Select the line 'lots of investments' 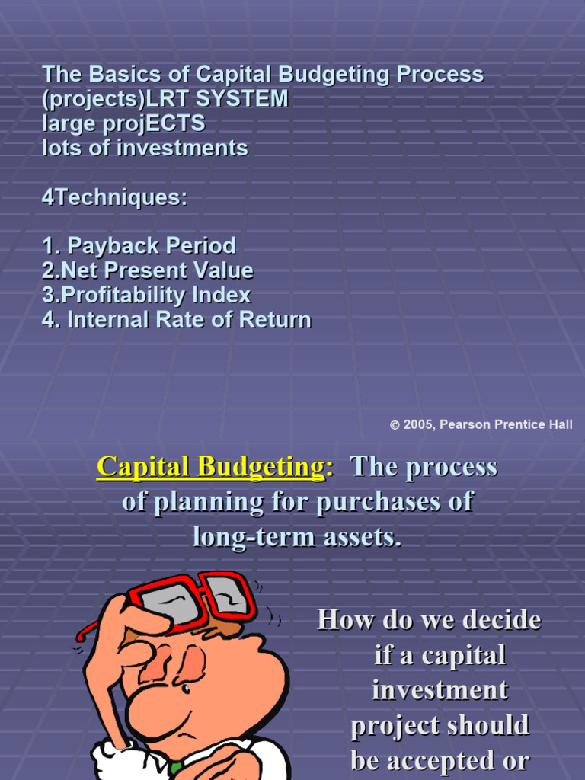145,148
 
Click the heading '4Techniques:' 114,197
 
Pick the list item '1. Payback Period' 139,246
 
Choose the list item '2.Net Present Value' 148,270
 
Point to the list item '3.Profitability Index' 146,295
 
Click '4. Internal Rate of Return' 177,319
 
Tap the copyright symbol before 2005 395,425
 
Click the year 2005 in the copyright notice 417,425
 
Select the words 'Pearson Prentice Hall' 506,425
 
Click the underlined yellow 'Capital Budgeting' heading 210,467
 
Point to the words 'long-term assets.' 296,537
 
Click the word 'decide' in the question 502,620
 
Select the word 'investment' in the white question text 440,690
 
